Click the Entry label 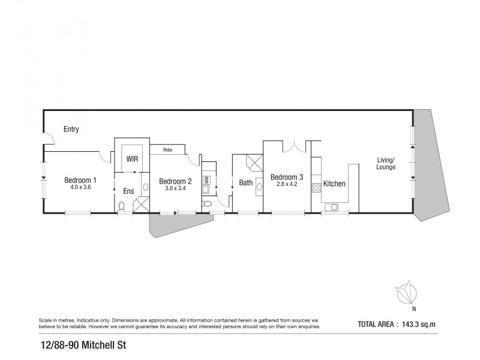(x=71, y=129)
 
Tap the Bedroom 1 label (x=80, y=179)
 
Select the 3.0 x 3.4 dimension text (x=175, y=188)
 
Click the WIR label (x=132, y=160)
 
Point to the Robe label (x=167, y=150)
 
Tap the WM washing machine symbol (x=206, y=179)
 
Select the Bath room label (x=245, y=183)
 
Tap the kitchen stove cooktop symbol (x=316, y=188)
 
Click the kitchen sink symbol (x=331, y=208)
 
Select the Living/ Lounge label (x=386, y=163)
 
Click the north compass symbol (x=407, y=293)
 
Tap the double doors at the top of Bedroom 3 (x=290, y=146)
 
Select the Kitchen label (x=334, y=184)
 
